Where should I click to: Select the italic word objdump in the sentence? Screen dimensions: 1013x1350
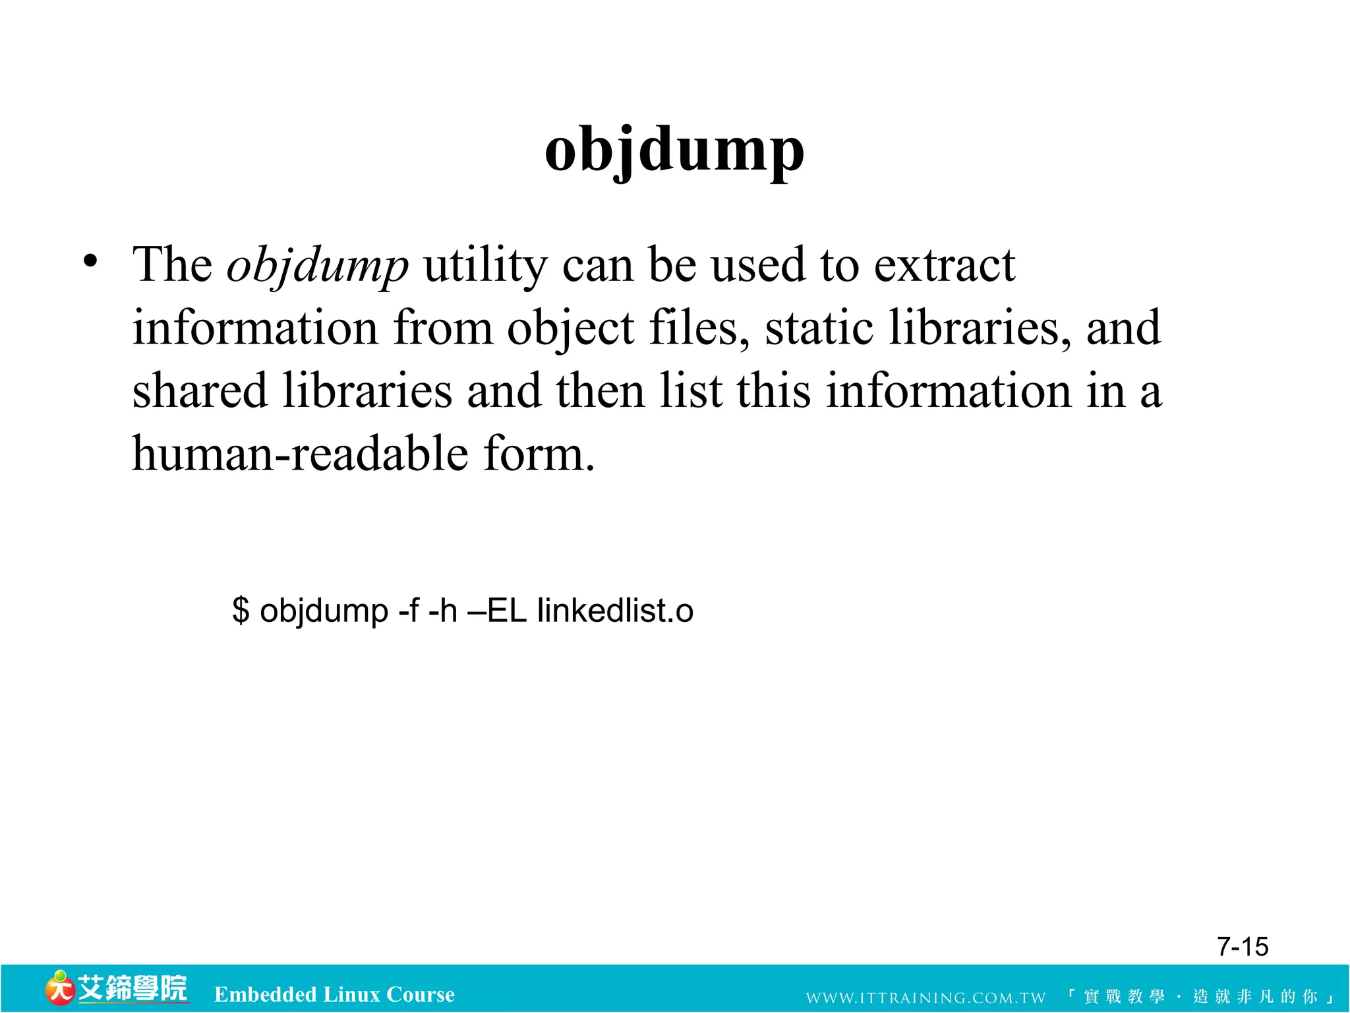[x=317, y=265]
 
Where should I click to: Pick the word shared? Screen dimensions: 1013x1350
[x=200, y=390]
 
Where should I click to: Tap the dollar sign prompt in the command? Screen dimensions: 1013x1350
[x=241, y=610]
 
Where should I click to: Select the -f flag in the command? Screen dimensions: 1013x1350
[x=409, y=610]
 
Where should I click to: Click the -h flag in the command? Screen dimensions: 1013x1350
[x=442, y=610]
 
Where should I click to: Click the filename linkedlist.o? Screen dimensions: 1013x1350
[x=615, y=610]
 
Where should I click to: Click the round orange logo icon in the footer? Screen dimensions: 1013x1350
[x=59, y=989]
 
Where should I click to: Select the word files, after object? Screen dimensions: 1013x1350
[x=699, y=328]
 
